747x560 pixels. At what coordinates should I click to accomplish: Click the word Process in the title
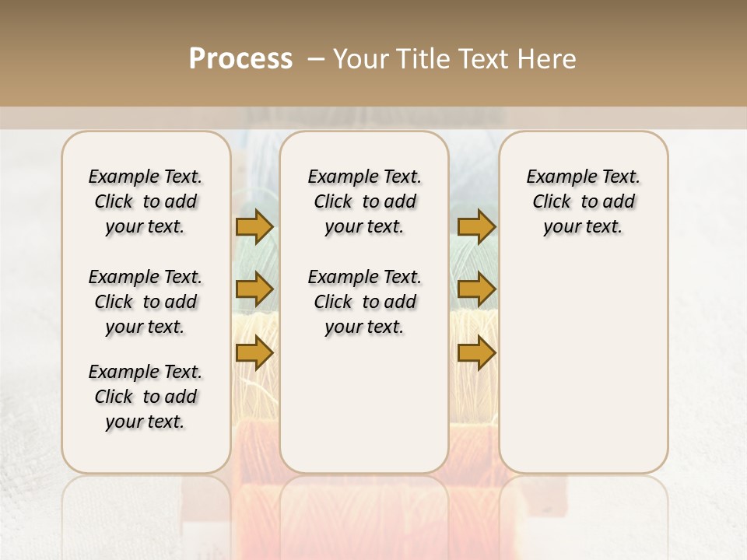[x=240, y=59]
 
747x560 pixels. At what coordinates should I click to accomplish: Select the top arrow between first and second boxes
[x=254, y=226]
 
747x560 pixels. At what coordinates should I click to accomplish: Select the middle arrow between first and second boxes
[x=254, y=289]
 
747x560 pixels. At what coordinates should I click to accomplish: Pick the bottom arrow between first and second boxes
[x=254, y=353]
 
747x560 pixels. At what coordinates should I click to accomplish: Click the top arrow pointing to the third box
[x=476, y=226]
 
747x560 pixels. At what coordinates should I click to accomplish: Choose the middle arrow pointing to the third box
[x=476, y=289]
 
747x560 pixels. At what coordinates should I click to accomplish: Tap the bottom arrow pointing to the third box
[x=476, y=353]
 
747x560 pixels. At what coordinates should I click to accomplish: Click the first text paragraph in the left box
[x=146, y=201]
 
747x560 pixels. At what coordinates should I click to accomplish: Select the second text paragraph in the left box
[x=146, y=302]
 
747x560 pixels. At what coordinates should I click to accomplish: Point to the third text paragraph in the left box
[x=146, y=397]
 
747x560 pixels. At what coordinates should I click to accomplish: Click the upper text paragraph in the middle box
[x=364, y=201]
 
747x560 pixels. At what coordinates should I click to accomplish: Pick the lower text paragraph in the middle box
[x=364, y=302]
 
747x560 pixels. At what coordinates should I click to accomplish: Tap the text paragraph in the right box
[x=583, y=201]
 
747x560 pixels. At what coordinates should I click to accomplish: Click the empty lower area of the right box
[x=583, y=366]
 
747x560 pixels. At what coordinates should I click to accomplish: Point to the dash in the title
[x=315, y=59]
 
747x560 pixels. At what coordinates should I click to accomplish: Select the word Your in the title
[x=360, y=59]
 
